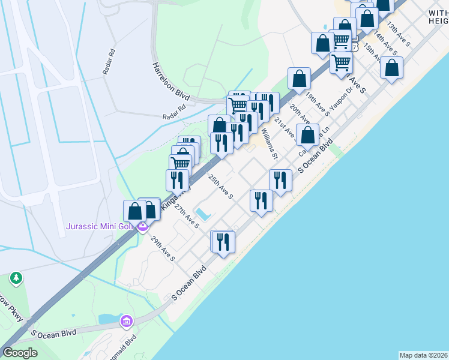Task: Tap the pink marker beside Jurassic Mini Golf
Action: [x=142, y=227]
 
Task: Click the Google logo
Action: [x=20, y=353]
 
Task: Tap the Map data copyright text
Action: [x=423, y=355]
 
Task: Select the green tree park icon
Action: [x=16, y=278]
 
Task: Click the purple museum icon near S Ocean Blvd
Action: [x=125, y=321]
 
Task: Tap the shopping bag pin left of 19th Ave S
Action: [x=299, y=79]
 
